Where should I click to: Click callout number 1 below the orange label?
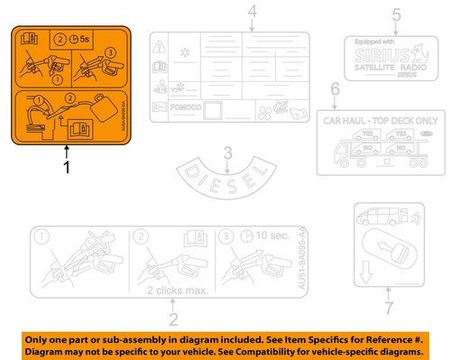[x=66, y=167]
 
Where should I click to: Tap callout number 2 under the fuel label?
[x=174, y=318]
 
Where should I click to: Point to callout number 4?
[x=227, y=12]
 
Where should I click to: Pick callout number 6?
[x=335, y=89]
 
